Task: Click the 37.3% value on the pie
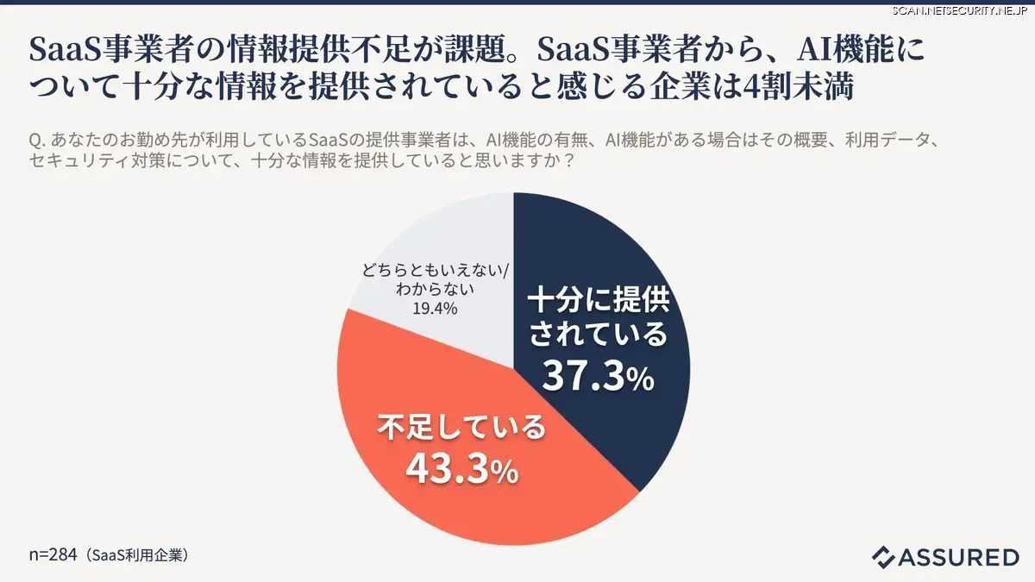coord(597,377)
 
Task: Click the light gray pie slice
coord(448,241)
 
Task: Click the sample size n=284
coord(53,555)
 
